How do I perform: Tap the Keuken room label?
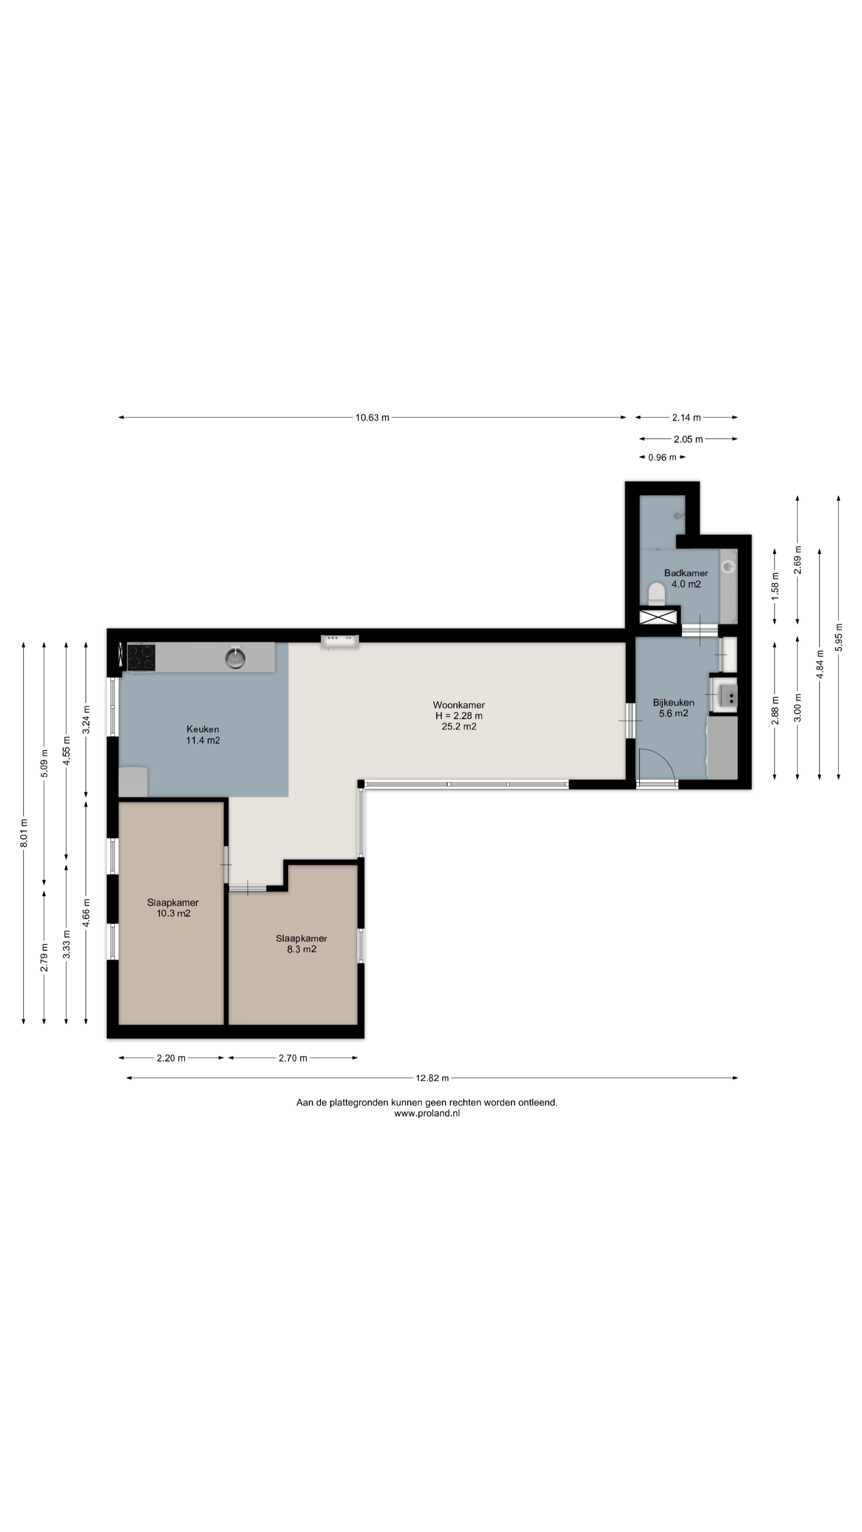click(203, 729)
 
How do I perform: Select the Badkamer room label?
click(686, 573)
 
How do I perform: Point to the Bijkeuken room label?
click(673, 702)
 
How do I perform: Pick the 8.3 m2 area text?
click(302, 949)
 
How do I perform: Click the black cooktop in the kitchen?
click(141, 658)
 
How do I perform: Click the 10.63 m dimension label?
click(372, 417)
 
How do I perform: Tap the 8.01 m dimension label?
click(24, 833)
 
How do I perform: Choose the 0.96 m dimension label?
click(662, 457)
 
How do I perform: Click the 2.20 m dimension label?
click(171, 1058)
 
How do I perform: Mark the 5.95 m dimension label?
click(839, 637)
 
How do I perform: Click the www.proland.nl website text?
click(427, 1113)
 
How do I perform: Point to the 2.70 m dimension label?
click(293, 1058)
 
